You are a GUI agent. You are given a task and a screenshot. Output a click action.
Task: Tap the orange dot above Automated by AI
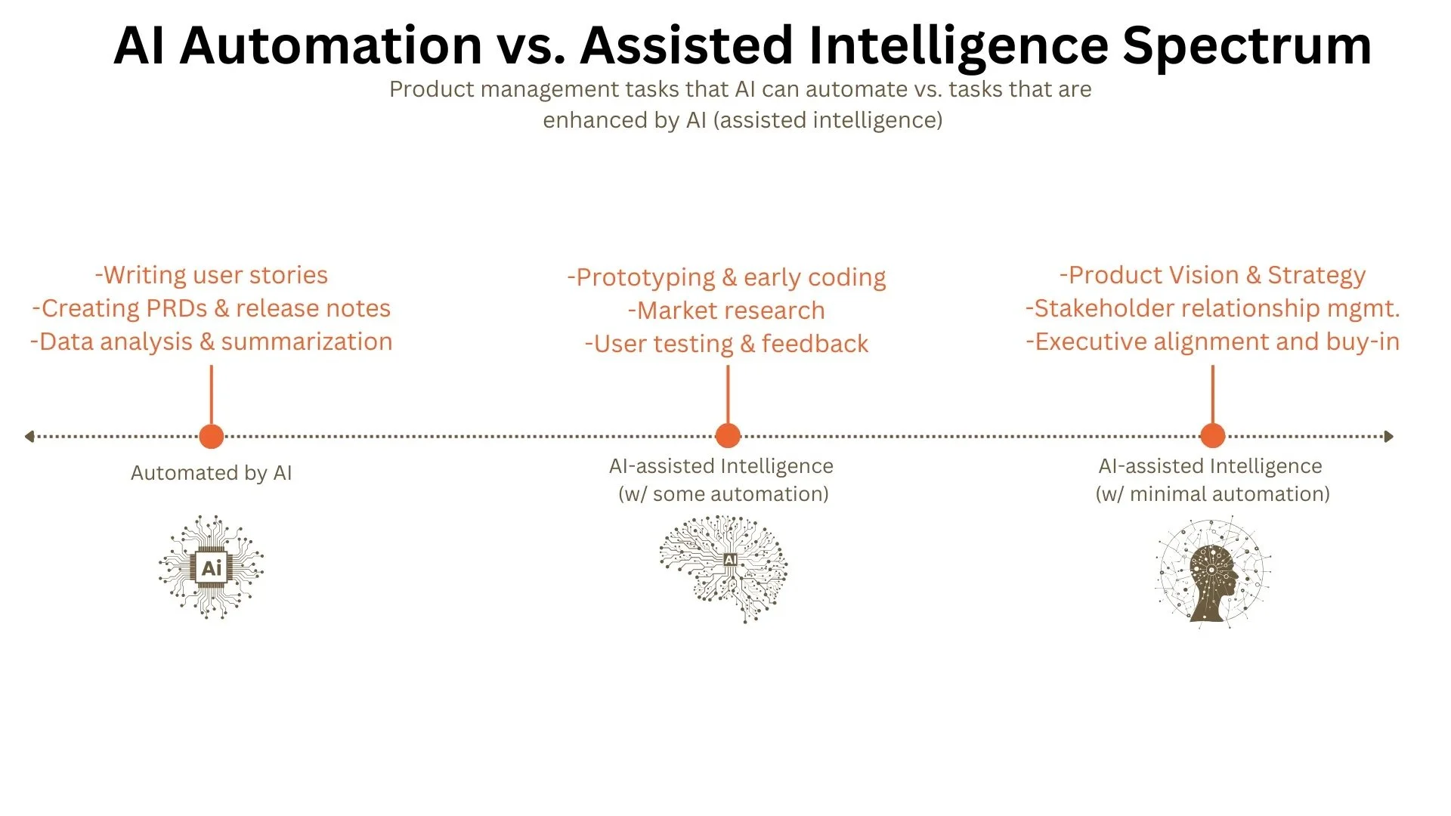pyautogui.click(x=212, y=436)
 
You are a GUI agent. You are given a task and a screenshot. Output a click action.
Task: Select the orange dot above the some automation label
pyautogui.click(x=728, y=436)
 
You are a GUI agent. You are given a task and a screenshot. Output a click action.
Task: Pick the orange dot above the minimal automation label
pyautogui.click(x=1212, y=436)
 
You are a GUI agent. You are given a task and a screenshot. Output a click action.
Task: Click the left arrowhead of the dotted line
pyautogui.click(x=29, y=436)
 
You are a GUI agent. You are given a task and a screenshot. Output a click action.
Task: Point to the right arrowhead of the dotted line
pyautogui.click(x=1389, y=436)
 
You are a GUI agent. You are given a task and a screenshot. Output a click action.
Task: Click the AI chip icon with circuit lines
pyautogui.click(x=212, y=567)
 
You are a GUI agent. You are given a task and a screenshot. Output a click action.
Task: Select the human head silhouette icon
pyautogui.click(x=1212, y=572)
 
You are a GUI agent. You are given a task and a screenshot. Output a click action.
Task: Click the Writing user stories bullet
pyautogui.click(x=212, y=275)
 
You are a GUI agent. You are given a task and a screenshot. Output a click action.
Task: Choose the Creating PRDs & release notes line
pyautogui.click(x=212, y=308)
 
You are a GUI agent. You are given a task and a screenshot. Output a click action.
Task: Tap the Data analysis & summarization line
pyautogui.click(x=212, y=342)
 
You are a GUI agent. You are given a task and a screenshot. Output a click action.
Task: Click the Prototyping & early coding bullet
pyautogui.click(x=726, y=277)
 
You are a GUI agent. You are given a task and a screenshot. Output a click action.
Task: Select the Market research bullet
pyautogui.click(x=726, y=311)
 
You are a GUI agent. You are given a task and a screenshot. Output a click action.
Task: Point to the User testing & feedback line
pyautogui.click(x=726, y=344)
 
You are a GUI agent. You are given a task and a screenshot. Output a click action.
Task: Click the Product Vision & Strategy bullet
pyautogui.click(x=1212, y=275)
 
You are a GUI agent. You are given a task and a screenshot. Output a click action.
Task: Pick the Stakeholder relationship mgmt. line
pyautogui.click(x=1212, y=308)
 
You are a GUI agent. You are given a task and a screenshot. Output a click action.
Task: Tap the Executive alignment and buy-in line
pyautogui.click(x=1212, y=342)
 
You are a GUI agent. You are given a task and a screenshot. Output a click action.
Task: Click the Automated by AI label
pyautogui.click(x=212, y=473)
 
